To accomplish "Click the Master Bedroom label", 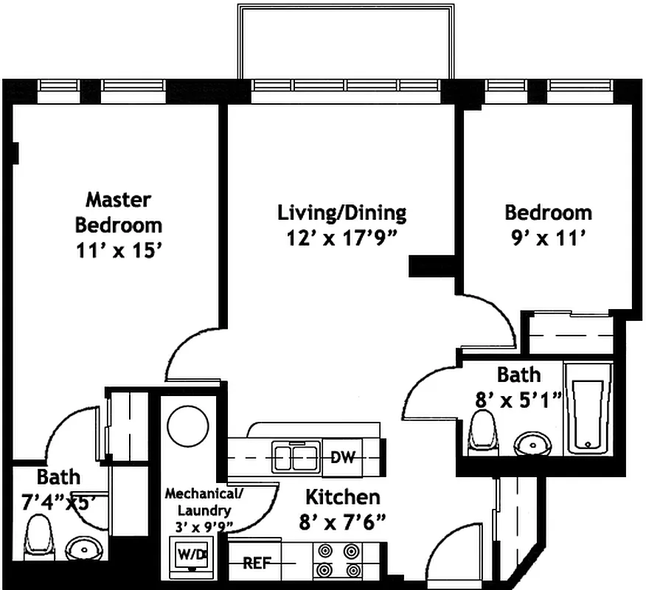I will pyautogui.click(x=118, y=211).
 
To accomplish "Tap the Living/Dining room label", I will pyautogui.click(x=341, y=213).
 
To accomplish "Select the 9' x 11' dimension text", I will pyautogui.click(x=547, y=237).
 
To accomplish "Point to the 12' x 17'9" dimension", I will pyautogui.click(x=341, y=238).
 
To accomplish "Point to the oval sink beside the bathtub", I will pyautogui.click(x=533, y=443).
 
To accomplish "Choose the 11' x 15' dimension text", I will pyautogui.click(x=118, y=251).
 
